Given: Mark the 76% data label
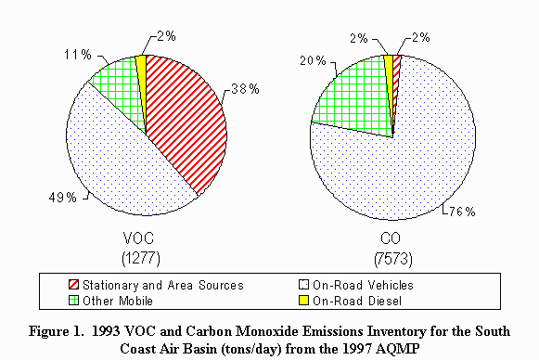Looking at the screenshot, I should (x=461, y=212).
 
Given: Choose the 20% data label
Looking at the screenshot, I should (x=314, y=60).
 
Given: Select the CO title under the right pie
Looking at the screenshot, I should (x=394, y=236).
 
